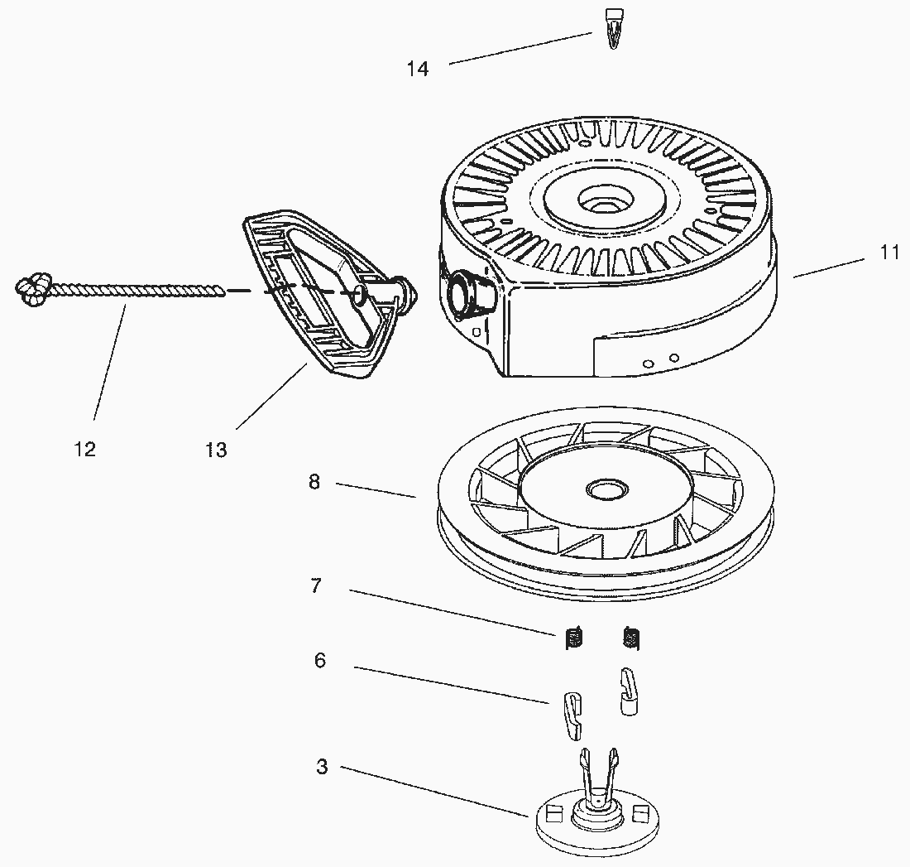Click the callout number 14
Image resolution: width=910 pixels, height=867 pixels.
(x=418, y=69)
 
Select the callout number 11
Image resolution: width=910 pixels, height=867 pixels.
(x=889, y=253)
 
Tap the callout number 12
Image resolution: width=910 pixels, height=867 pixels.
(x=84, y=449)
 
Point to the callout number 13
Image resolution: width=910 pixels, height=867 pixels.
(x=216, y=450)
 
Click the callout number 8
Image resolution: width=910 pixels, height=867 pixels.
(x=314, y=482)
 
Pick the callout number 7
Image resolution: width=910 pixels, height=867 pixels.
(x=316, y=586)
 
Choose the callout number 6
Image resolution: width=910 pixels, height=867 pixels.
(x=319, y=661)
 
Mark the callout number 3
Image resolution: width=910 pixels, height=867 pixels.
(x=322, y=767)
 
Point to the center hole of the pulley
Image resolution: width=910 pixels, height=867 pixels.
(x=604, y=489)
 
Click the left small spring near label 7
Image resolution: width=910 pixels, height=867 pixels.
(x=572, y=638)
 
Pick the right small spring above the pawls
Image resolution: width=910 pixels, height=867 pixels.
(x=630, y=638)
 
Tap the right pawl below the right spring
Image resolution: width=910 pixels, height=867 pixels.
(x=630, y=690)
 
